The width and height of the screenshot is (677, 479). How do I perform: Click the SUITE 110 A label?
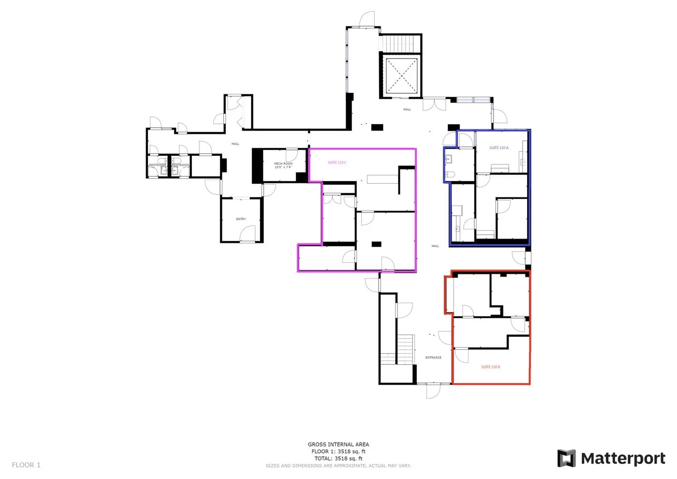(499, 148)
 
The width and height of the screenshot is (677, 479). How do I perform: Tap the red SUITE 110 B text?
(490, 367)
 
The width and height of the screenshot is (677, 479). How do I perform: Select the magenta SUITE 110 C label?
(337, 163)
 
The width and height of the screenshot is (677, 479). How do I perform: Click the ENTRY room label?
(241, 219)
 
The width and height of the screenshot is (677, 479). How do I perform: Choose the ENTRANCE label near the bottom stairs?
(433, 358)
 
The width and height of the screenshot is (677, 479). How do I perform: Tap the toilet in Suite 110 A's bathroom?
(449, 174)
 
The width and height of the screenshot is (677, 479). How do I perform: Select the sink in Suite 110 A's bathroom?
(448, 158)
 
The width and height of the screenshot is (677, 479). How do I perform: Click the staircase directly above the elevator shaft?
(400, 43)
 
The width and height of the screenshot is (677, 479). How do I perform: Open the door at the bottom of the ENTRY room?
(248, 234)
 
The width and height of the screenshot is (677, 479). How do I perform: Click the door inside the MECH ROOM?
(292, 155)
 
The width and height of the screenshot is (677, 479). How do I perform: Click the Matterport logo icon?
(566, 458)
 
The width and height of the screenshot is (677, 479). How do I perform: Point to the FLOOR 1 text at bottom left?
(26, 465)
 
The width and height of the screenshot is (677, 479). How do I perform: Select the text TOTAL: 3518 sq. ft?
(338, 458)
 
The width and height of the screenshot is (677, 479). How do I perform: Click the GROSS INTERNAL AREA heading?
(338, 444)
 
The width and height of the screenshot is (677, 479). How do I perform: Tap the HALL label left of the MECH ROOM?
(235, 144)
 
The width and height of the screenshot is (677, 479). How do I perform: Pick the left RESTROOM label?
(157, 165)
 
